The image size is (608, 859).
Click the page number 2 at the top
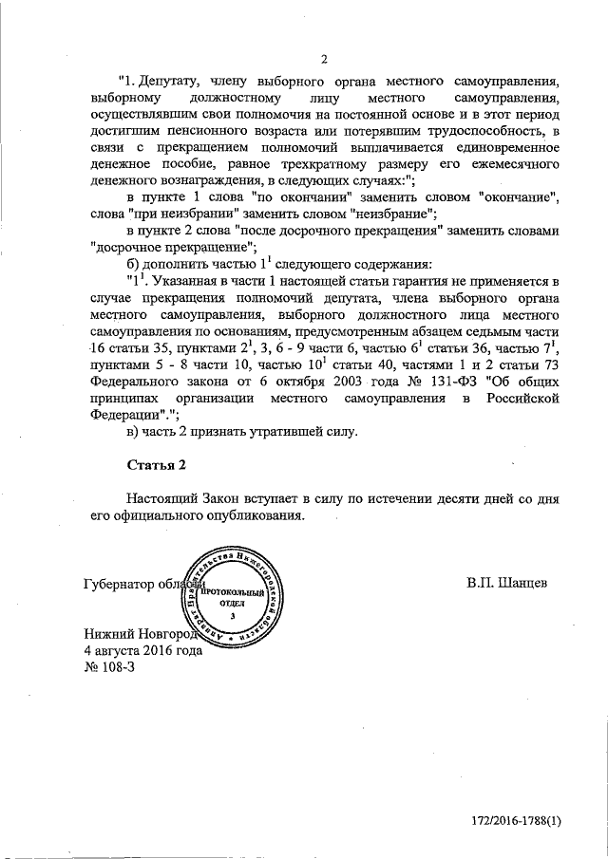324,60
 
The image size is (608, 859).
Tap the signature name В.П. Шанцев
507,580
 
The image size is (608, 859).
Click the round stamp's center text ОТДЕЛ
232,602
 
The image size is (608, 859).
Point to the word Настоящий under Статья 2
162,498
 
